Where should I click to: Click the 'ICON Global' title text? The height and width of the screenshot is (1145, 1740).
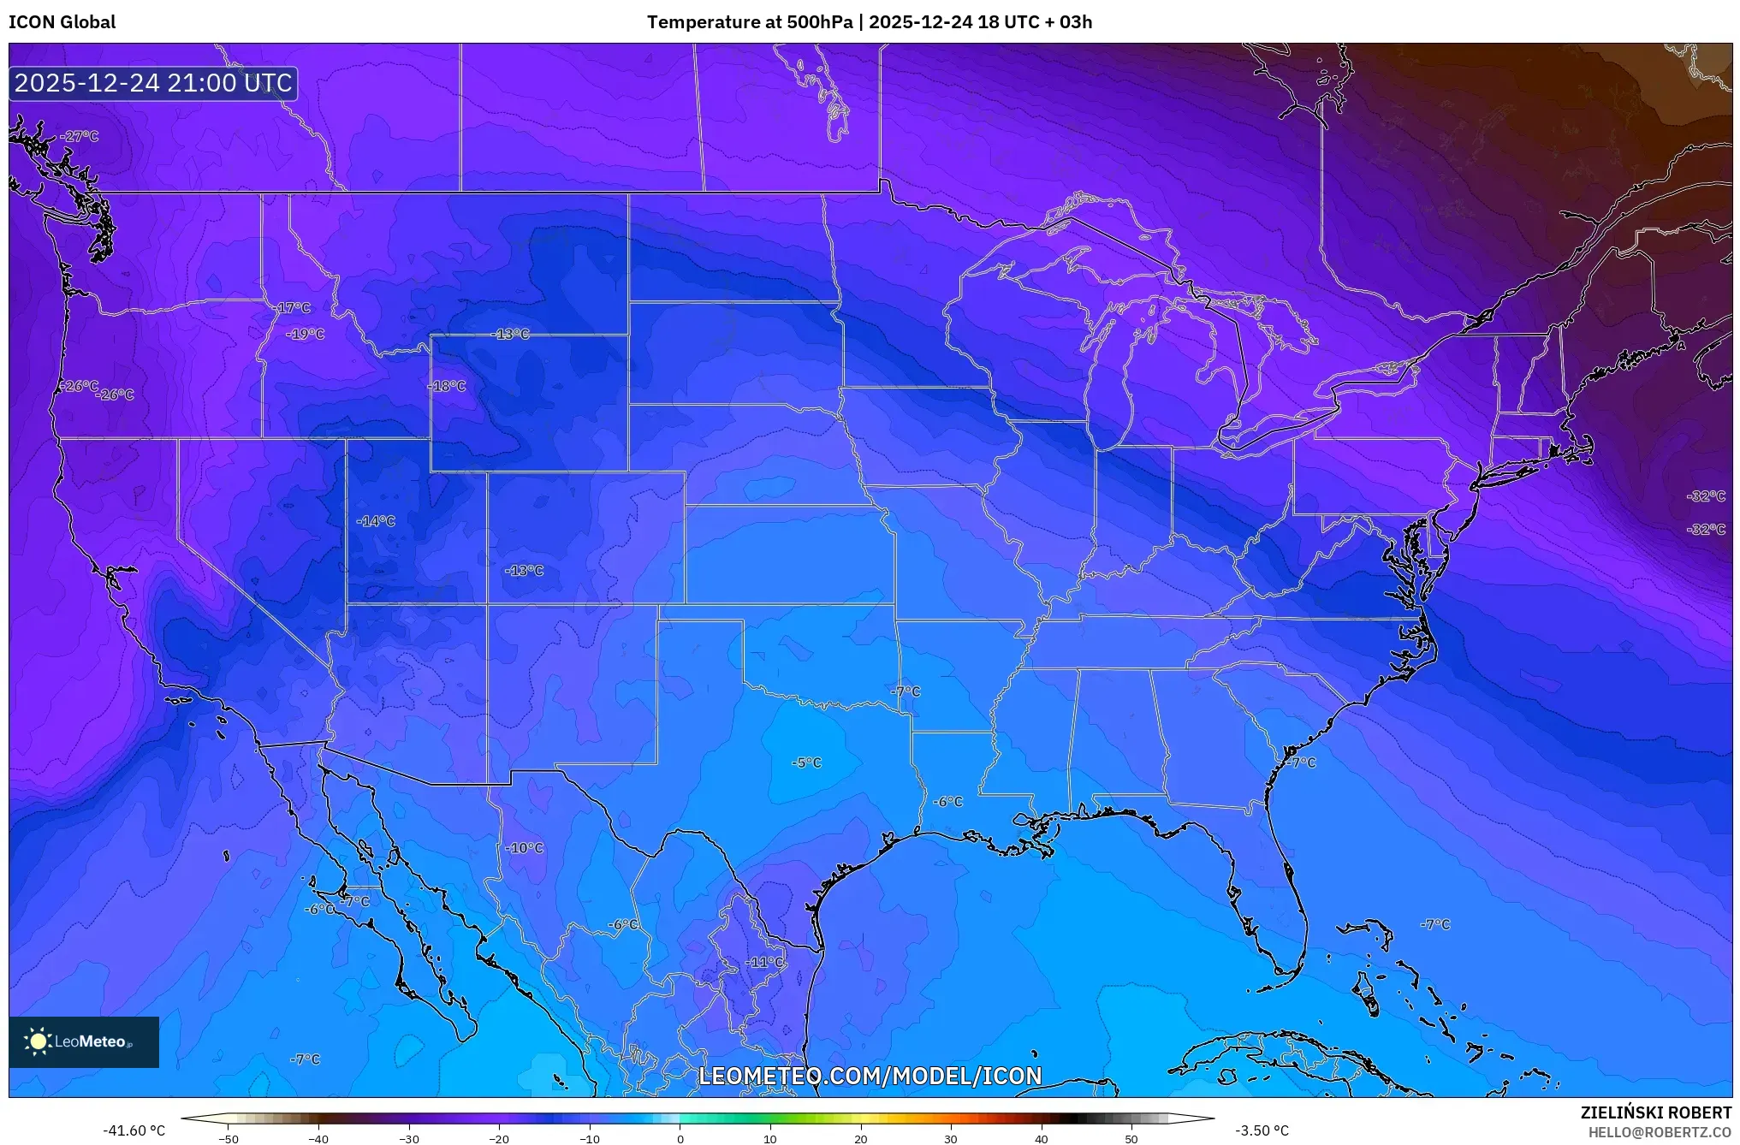[62, 22]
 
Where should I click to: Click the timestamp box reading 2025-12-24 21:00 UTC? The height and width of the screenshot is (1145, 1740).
[153, 83]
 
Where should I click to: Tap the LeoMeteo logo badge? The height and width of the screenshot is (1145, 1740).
[84, 1041]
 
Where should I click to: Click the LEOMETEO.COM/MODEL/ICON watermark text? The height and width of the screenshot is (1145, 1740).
[870, 1076]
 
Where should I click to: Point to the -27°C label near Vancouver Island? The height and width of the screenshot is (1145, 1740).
[80, 136]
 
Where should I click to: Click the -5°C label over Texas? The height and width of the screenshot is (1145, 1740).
[806, 762]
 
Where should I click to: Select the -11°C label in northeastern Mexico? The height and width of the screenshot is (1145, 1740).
[763, 962]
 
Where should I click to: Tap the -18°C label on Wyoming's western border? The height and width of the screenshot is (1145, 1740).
[448, 386]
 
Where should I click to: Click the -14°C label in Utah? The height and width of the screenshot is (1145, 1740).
[377, 521]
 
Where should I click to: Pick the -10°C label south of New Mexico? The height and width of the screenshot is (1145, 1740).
[525, 848]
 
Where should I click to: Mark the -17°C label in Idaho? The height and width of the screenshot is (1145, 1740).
[294, 308]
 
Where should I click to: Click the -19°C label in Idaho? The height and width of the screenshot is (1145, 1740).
[306, 334]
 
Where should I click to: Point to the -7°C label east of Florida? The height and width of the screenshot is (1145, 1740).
[1435, 924]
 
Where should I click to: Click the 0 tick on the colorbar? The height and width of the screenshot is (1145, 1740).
[680, 1138]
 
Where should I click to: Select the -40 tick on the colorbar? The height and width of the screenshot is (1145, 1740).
[318, 1138]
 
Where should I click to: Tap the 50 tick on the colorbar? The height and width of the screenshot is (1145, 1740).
[1131, 1138]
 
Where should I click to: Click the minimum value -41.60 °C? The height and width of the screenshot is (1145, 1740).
[134, 1130]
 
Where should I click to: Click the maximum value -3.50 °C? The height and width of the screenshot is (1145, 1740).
[1262, 1130]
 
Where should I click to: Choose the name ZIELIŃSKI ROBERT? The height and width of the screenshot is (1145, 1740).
[1655, 1112]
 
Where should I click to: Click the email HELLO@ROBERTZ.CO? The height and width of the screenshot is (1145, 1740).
[1659, 1132]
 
